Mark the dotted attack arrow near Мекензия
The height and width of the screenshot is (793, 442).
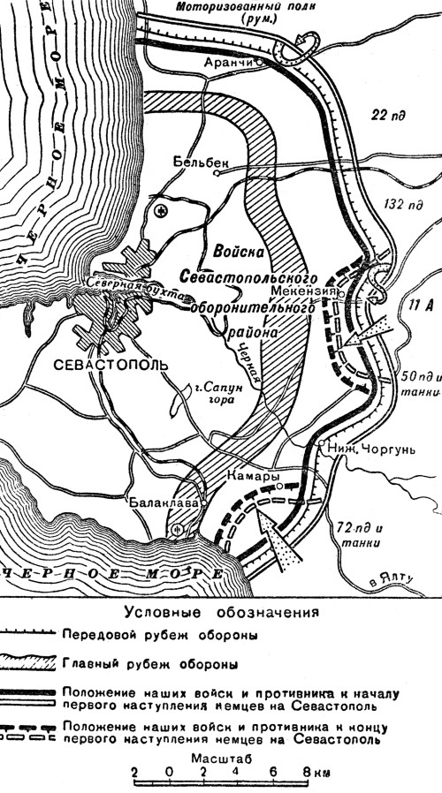point(367,333)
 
